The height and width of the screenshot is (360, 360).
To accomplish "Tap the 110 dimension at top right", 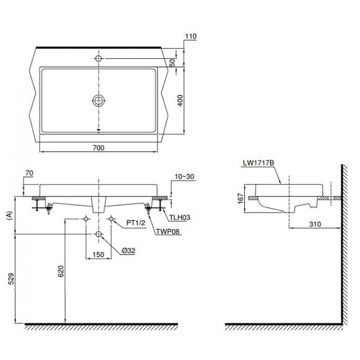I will [191, 37].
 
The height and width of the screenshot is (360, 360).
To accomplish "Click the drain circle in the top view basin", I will [98, 100].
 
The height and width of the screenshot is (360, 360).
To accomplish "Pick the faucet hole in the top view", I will [98, 59].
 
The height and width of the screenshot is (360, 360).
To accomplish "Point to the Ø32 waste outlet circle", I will [98, 233].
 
